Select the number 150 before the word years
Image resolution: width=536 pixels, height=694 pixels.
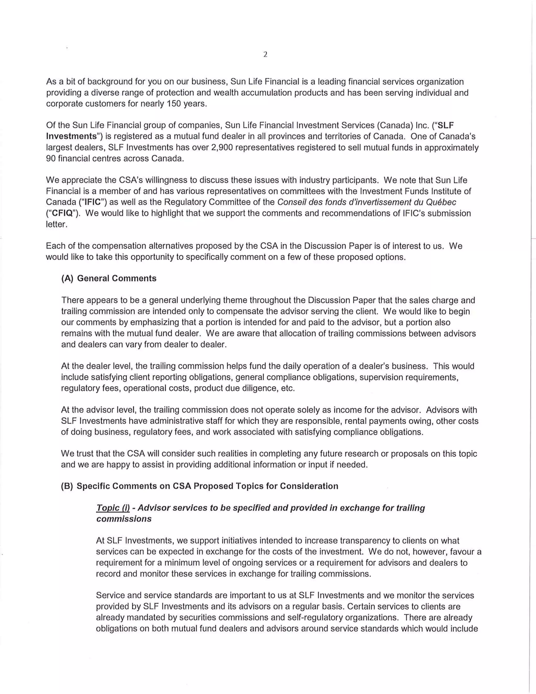(174, 104)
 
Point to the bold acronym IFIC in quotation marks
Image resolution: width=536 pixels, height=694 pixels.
(92, 202)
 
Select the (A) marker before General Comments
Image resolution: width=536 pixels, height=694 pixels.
(67, 278)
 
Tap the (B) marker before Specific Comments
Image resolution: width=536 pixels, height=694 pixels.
(67, 486)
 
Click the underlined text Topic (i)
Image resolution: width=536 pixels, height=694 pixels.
(113, 508)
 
